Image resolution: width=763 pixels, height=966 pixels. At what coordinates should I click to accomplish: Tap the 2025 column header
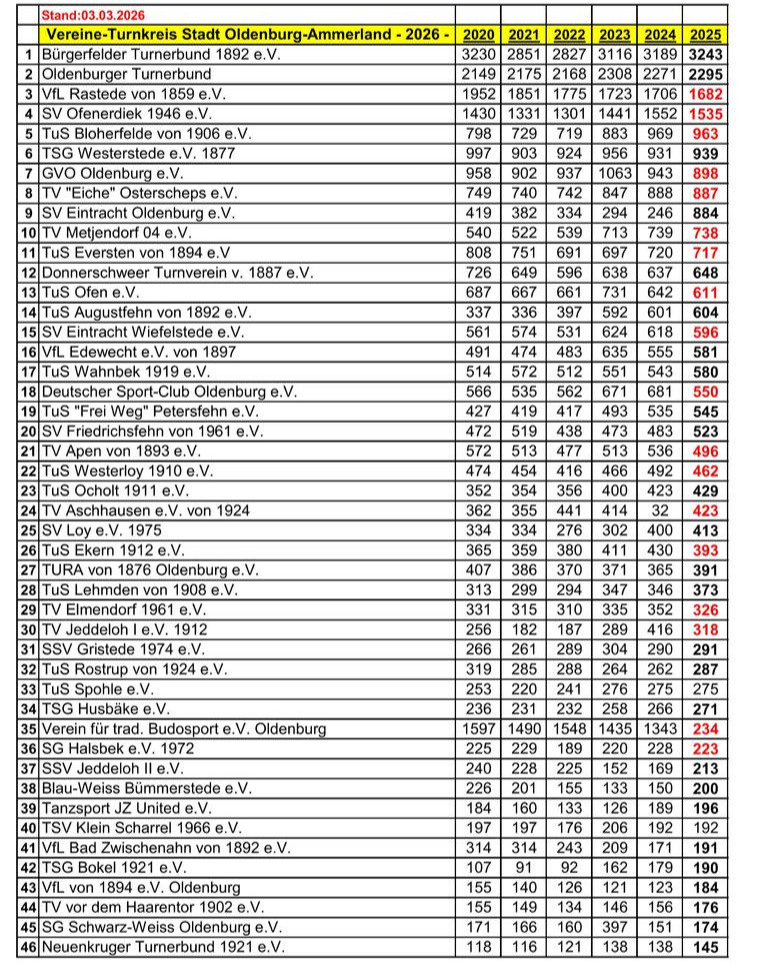point(705,36)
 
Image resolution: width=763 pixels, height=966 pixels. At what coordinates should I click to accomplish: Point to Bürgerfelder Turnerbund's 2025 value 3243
point(705,55)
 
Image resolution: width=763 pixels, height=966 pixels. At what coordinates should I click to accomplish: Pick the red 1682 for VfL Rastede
point(705,94)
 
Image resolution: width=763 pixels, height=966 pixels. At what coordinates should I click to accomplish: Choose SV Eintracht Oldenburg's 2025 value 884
point(705,214)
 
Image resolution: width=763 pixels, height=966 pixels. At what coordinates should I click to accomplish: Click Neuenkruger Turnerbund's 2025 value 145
point(705,946)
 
